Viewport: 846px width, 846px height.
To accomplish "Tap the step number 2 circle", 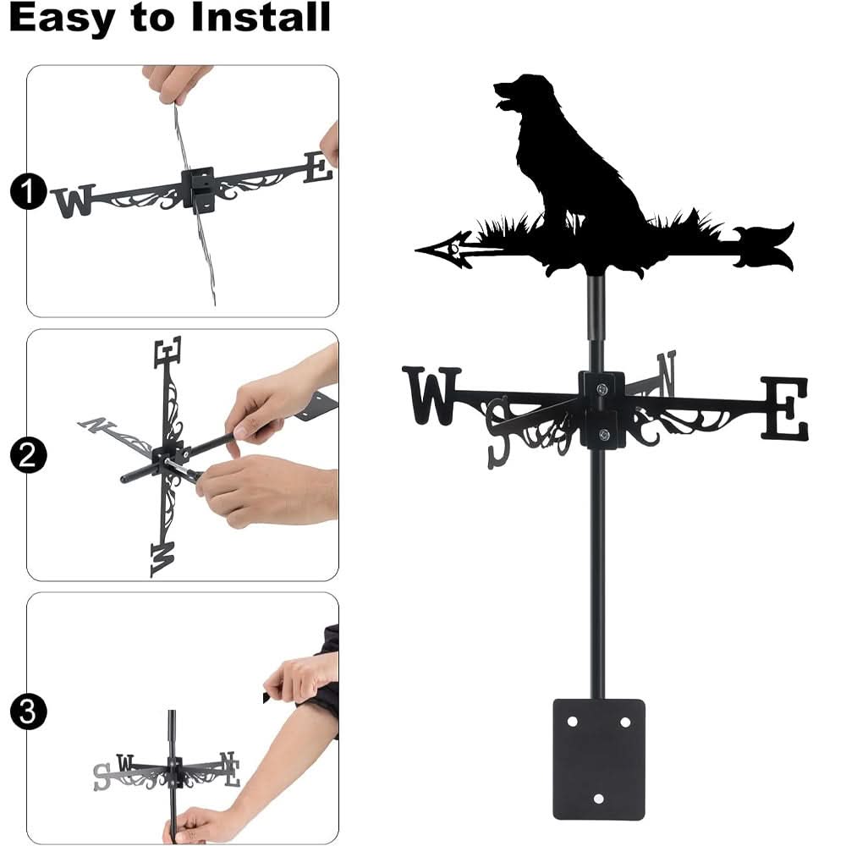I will point(28,457).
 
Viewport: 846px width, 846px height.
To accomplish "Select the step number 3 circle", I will point(28,711).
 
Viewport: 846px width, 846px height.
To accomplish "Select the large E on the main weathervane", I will point(784,408).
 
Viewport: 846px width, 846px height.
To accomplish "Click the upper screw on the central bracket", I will point(602,388).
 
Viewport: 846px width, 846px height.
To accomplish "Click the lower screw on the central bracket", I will point(603,435).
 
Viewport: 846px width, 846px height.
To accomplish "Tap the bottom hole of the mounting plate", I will point(599,799).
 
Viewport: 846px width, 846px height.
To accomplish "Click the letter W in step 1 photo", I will point(73,201).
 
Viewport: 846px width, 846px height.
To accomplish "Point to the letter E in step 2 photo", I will point(168,350).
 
